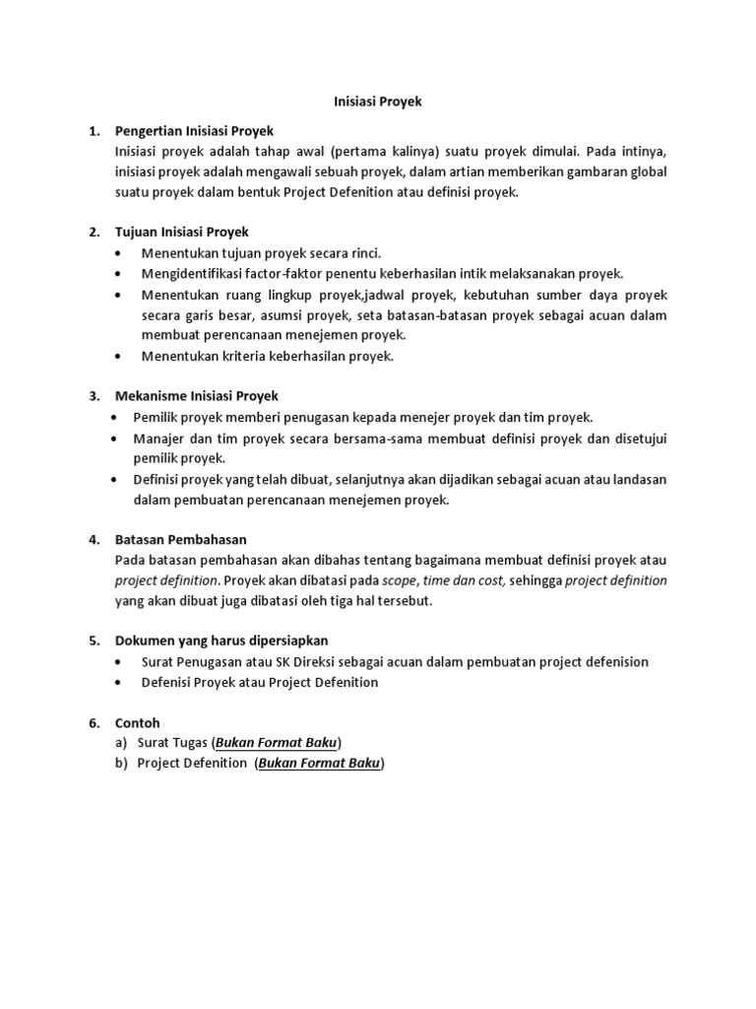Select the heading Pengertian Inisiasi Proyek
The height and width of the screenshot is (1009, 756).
click(194, 131)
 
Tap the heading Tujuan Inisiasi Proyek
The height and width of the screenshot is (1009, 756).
click(182, 233)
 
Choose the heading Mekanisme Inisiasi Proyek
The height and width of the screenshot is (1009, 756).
click(197, 396)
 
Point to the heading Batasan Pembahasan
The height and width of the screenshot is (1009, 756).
click(180, 539)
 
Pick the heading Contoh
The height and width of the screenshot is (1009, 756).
click(137, 722)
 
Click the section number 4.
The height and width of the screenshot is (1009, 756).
click(94, 539)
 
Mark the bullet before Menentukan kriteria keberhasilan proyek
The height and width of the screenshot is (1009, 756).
click(119, 356)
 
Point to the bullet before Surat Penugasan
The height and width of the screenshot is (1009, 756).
click(119, 661)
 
